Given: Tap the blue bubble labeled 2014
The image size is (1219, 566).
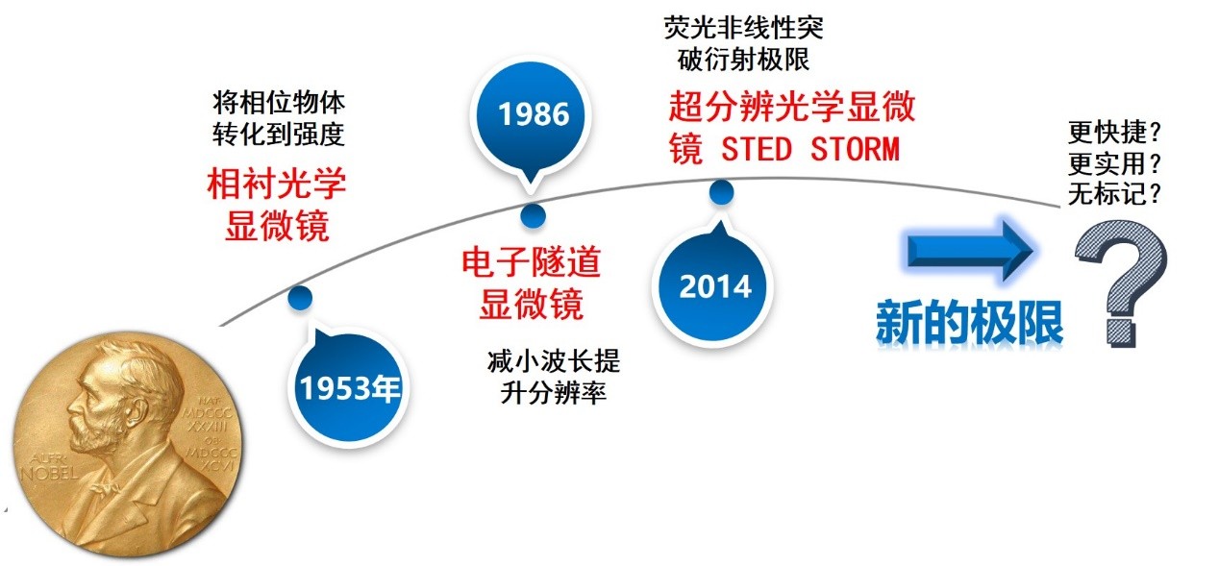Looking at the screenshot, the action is [x=713, y=286].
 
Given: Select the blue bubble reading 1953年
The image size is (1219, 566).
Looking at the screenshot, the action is [x=348, y=387].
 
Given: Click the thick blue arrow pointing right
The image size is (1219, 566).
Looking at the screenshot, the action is [x=970, y=250].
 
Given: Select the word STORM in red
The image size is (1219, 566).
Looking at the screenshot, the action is [x=855, y=149].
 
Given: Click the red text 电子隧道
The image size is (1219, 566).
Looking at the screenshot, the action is [x=531, y=261].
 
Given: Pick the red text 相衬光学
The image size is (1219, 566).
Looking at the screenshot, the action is [x=277, y=184].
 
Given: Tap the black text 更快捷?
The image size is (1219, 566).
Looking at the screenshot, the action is [x=1114, y=132].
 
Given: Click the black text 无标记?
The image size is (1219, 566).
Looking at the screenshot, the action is [x=1114, y=193].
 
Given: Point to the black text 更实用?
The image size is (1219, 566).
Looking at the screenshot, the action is [x=1114, y=163].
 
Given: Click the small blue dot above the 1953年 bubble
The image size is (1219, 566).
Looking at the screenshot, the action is [x=300, y=297].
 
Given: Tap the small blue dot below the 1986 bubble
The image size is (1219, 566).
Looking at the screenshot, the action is [x=533, y=216].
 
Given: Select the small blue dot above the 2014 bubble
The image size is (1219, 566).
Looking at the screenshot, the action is [x=722, y=192].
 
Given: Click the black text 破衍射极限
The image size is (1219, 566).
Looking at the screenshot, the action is [x=743, y=60].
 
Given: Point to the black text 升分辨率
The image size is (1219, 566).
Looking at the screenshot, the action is [x=553, y=393].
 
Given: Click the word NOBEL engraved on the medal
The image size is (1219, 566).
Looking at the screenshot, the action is [x=49, y=473].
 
